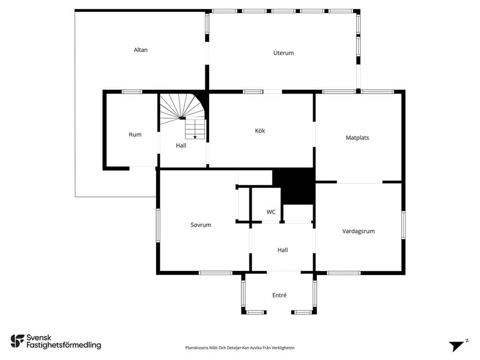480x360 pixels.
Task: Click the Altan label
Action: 141,50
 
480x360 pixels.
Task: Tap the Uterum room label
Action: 284,53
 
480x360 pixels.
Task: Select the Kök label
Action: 260,131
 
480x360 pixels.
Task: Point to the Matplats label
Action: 357,138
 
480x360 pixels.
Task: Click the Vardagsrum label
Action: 359,231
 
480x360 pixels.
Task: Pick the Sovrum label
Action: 201,225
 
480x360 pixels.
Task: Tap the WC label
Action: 271,212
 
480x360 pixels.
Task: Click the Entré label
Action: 279,295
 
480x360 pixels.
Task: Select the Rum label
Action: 135,135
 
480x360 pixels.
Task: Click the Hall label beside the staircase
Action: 181,145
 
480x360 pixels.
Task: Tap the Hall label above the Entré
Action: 283,250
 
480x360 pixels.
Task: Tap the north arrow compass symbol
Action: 457,345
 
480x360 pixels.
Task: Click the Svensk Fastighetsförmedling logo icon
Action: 17,341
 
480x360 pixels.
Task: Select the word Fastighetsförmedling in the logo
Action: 64,345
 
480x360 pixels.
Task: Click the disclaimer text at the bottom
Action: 240,348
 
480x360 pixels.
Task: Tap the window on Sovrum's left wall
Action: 158,225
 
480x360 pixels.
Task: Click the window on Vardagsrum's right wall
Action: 403,225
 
